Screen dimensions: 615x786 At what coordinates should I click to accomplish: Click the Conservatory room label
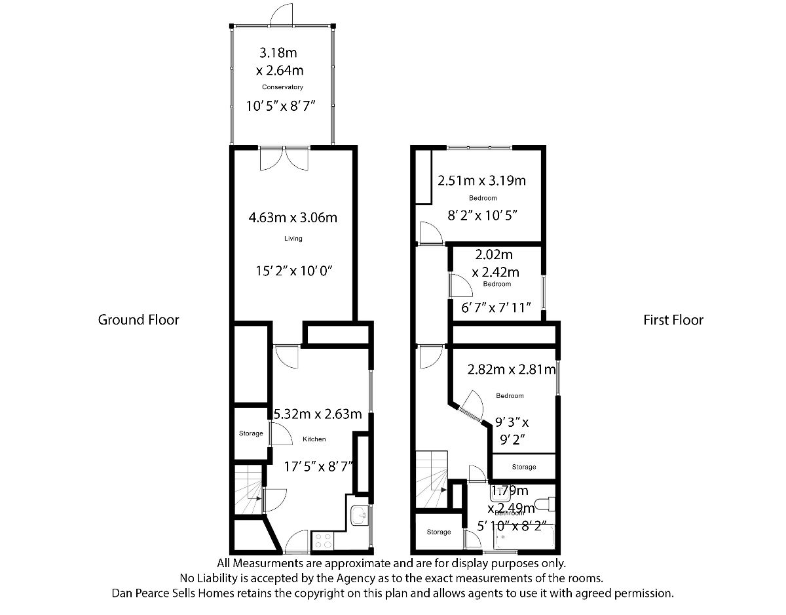[282, 87]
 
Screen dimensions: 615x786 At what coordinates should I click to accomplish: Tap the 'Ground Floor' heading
[138, 320]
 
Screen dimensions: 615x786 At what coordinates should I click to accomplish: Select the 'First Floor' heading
[673, 320]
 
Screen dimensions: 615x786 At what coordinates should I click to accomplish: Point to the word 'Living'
[293, 239]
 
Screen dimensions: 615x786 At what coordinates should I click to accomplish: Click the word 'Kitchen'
[314, 439]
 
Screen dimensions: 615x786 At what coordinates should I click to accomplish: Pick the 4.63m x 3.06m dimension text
[293, 218]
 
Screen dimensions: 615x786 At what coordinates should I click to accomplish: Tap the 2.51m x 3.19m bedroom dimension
[482, 180]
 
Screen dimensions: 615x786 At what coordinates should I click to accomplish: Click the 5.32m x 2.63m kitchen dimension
[318, 414]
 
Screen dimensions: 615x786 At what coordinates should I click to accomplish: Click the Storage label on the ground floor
[250, 433]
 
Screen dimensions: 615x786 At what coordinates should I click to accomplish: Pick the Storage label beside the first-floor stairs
[438, 532]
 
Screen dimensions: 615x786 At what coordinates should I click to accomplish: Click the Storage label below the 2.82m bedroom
[523, 467]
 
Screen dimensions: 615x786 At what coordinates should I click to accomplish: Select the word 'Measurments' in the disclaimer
[269, 563]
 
